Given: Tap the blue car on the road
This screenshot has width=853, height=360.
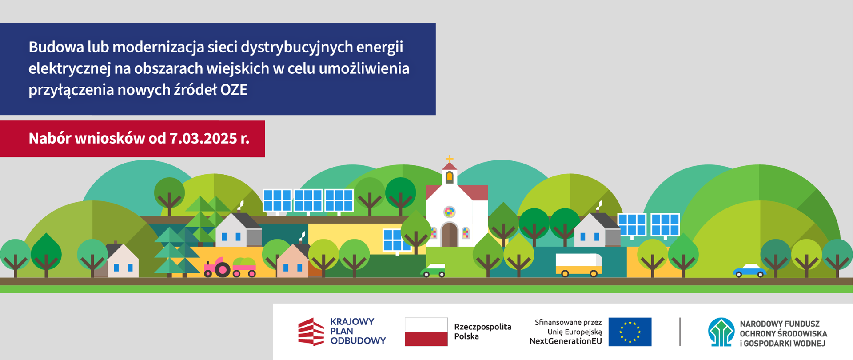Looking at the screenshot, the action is pos(749,271).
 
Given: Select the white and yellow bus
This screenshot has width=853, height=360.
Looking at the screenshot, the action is pos(579,265).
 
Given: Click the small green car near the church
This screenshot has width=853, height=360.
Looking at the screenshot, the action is pos(433,270).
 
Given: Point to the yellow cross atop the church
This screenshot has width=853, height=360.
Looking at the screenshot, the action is pos(450,159).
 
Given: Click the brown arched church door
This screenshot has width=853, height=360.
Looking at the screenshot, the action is pos(450,234).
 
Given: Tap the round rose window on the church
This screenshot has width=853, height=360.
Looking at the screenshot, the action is pos(450,212).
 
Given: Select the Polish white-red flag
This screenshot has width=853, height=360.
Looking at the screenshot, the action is pos(426,332).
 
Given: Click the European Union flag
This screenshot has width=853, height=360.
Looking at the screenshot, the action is pos(630,332).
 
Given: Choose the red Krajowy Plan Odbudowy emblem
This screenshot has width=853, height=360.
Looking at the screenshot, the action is pos(311,332).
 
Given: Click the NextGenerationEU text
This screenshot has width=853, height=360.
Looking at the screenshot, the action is pos(566,341).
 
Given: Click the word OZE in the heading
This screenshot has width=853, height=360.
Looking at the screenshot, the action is pos(234,90).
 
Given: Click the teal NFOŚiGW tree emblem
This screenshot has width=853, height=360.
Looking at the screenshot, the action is pos(721,332).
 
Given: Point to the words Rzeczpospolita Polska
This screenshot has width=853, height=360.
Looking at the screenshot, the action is pos(482,332).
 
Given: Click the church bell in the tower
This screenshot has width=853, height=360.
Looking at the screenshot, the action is pos(450,177).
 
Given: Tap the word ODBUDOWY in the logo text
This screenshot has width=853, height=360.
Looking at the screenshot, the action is pos(358,341).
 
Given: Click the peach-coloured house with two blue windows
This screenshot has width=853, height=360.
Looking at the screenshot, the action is pos(293,261).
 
